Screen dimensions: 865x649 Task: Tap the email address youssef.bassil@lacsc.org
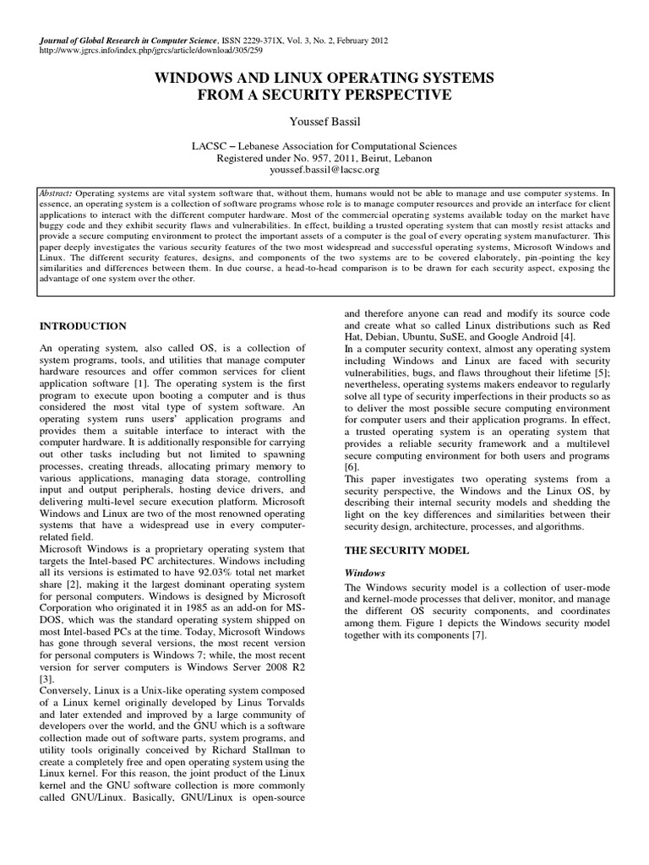tap(324, 170)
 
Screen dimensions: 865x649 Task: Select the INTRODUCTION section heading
tap(84, 326)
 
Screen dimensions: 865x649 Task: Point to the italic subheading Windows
tap(364, 572)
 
